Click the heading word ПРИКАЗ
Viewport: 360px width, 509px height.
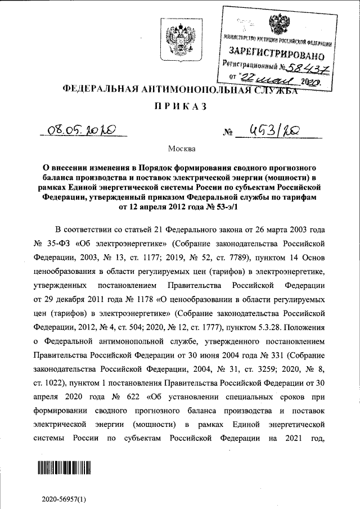pyautogui.click(x=179, y=106)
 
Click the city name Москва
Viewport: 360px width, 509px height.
pyautogui.click(x=179, y=150)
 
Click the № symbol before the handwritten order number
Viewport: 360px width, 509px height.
pyautogui.click(x=228, y=133)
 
